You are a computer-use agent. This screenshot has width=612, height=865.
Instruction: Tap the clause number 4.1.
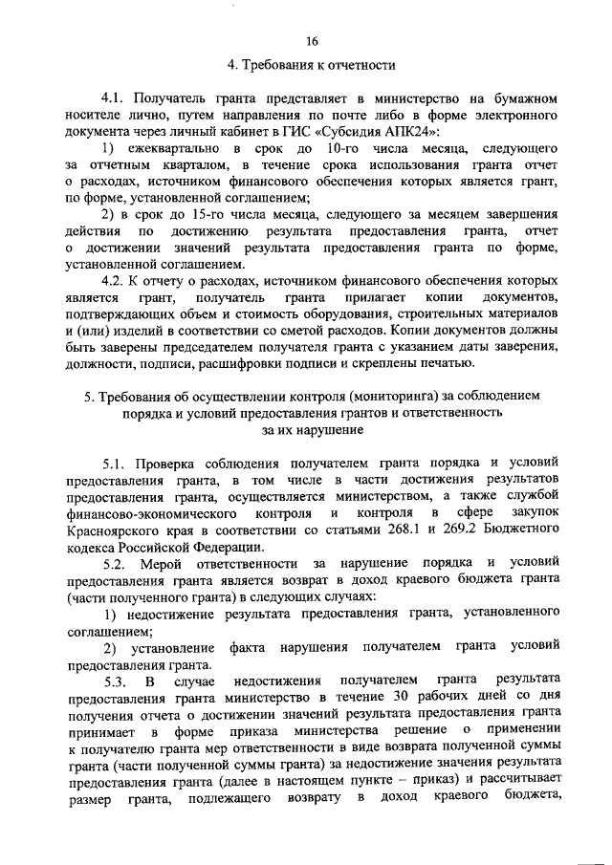tap(116, 98)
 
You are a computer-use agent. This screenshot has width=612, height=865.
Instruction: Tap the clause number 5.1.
tap(120, 463)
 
